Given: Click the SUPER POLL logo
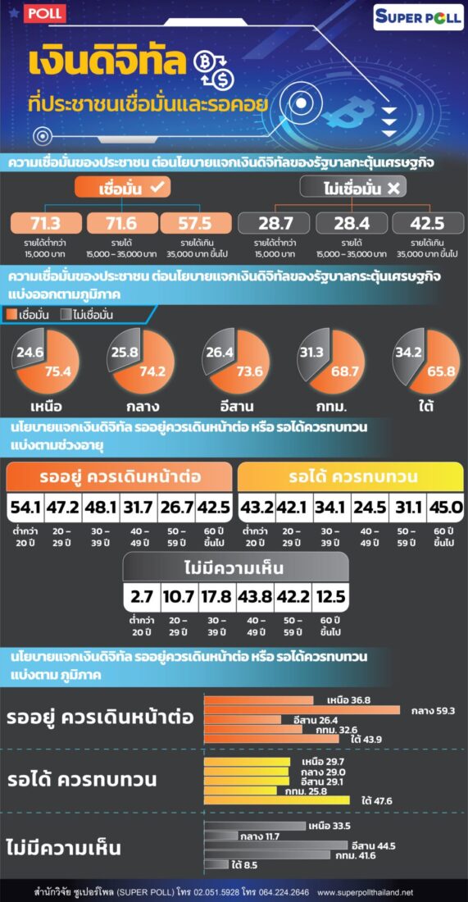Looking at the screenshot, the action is [418, 18].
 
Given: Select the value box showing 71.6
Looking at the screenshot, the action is [120, 223].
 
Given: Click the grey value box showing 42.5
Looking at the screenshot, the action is [428, 223].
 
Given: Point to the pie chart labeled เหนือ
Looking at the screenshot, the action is [45, 362].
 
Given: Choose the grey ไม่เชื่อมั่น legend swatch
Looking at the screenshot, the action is [65, 314].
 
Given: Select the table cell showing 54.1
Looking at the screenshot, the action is [25, 508].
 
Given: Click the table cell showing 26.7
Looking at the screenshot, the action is [176, 508].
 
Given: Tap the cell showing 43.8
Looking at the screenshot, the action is [255, 599].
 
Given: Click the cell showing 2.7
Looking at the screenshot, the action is [142, 599].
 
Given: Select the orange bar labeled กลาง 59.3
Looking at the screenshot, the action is [302, 710].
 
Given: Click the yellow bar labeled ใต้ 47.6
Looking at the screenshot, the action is [276, 799].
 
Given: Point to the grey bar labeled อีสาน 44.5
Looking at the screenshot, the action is [276, 845].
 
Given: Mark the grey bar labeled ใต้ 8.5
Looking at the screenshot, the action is [216, 864].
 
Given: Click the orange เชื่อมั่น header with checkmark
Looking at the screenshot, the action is [124, 188].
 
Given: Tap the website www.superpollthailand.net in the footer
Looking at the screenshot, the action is [365, 892].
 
